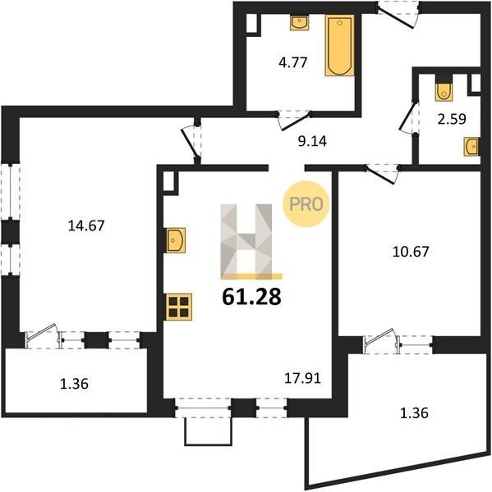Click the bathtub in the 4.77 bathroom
point(340,45)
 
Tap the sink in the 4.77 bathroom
point(299,23)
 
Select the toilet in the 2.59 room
point(444,89)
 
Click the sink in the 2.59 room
point(471,147)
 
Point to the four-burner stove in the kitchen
point(179,307)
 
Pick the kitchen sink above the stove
point(176,240)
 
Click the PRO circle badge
point(306,204)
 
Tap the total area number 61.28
point(251,297)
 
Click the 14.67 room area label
point(86,225)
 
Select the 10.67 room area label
point(411,252)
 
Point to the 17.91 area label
point(302,378)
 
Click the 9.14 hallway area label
point(312,142)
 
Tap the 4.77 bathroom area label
point(292,63)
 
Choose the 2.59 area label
point(452,119)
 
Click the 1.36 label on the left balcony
point(74,384)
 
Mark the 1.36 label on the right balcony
point(414,413)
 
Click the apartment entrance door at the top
point(398,15)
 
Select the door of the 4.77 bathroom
point(294,120)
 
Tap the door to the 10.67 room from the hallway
point(382,174)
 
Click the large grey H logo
point(246,241)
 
